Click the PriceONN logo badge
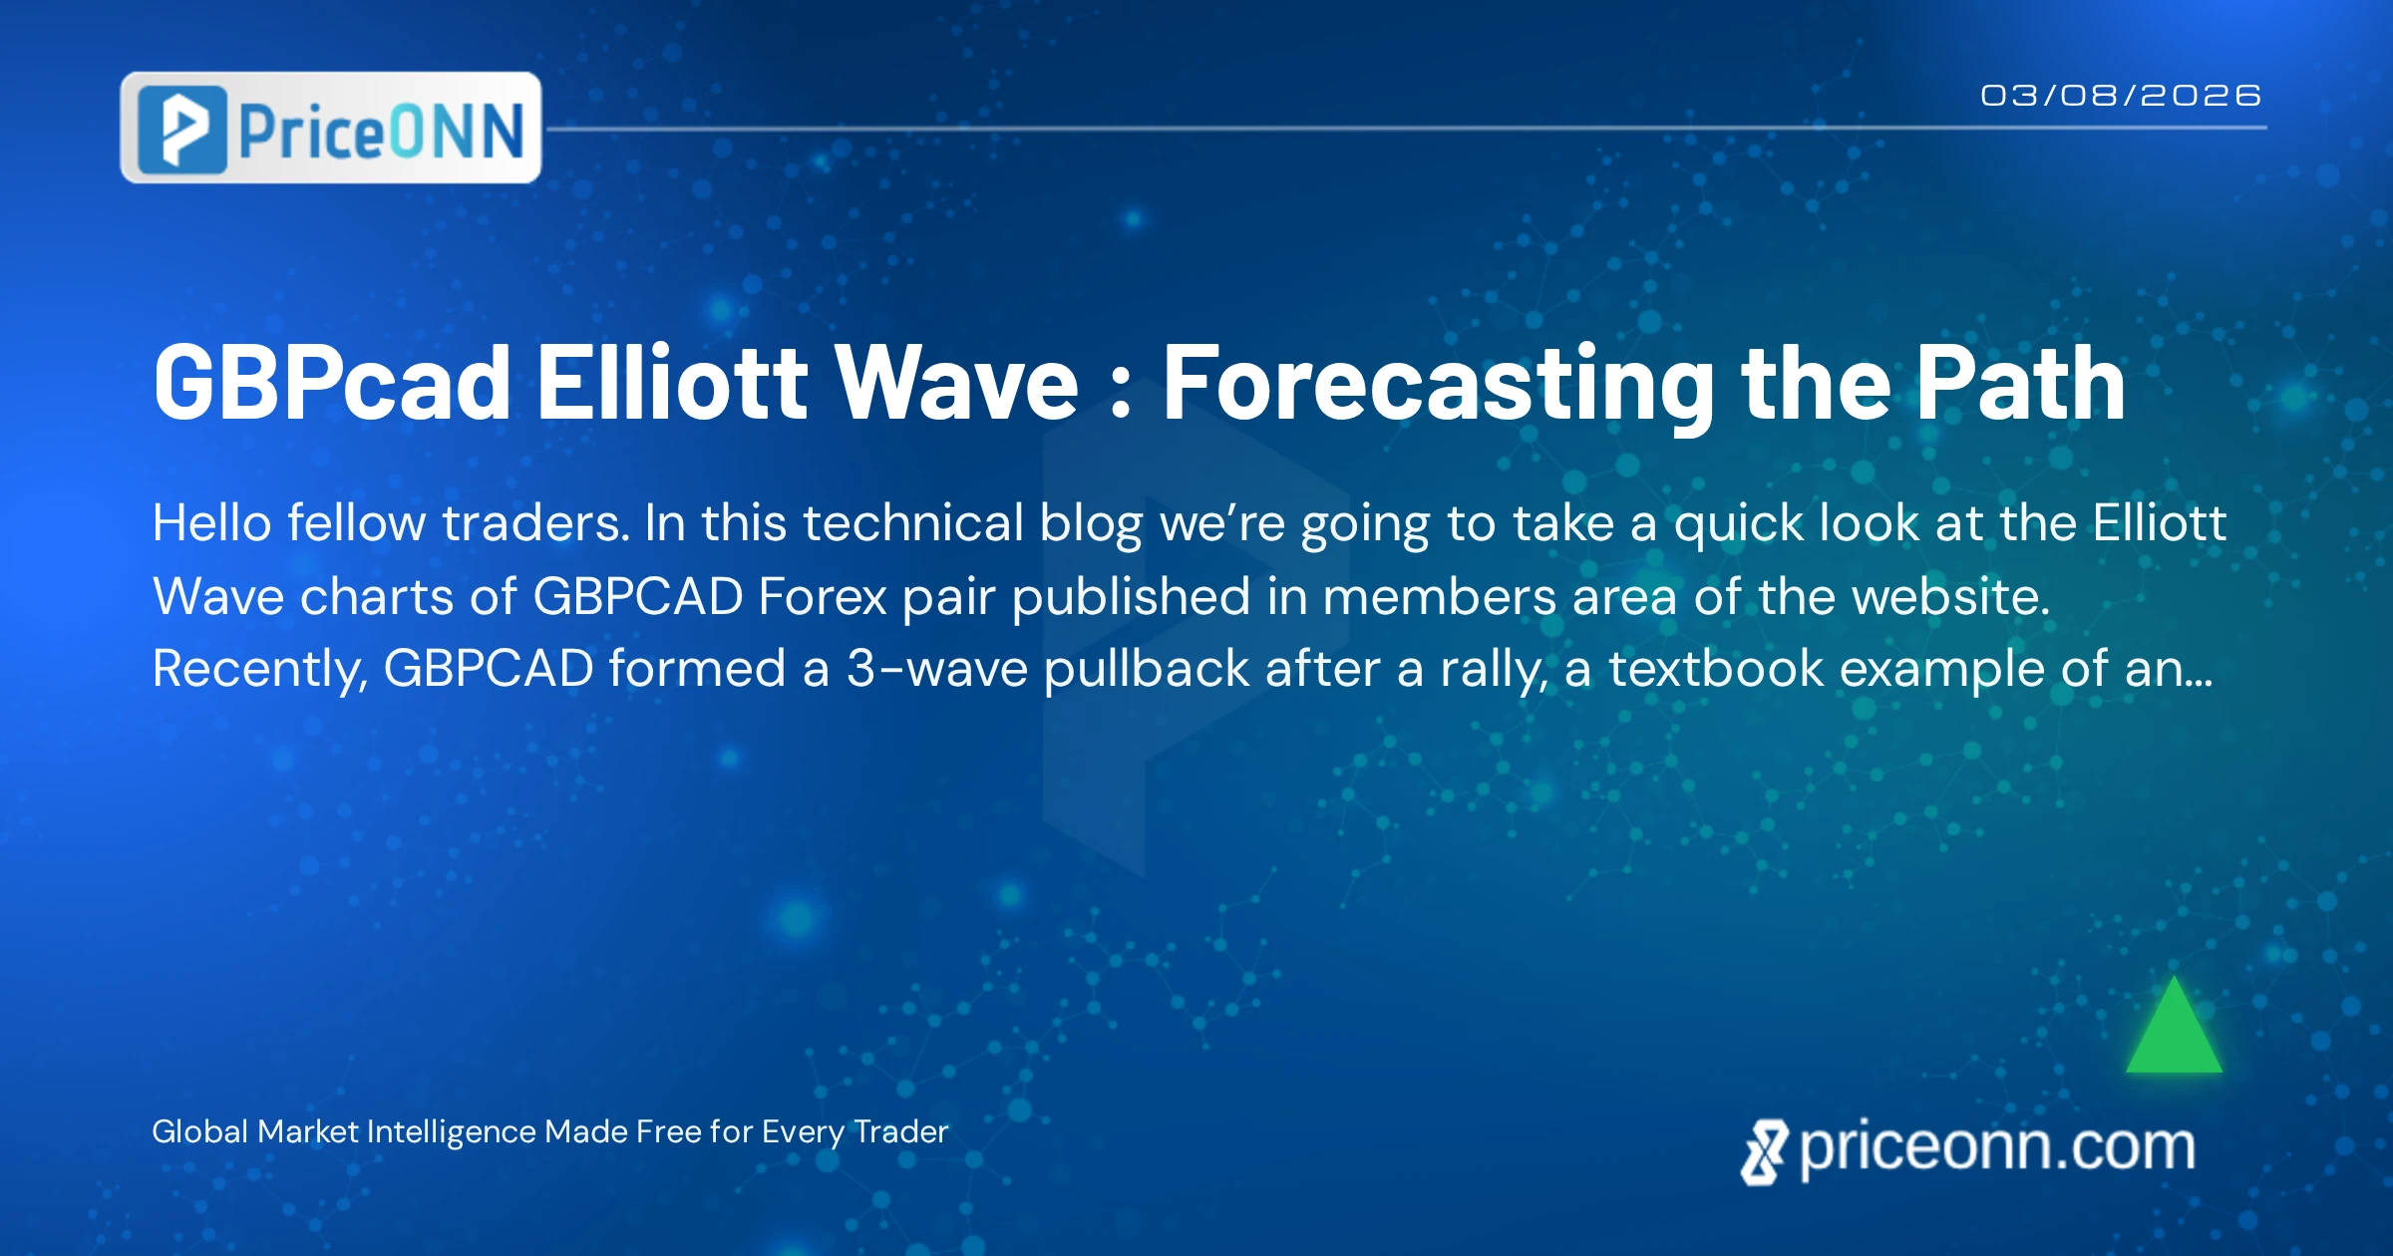[331, 128]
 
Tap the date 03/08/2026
[2121, 96]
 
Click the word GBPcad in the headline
[332, 384]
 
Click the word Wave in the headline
[957, 384]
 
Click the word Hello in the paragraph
[211, 523]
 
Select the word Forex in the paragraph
[823, 597]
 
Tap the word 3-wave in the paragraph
[937, 669]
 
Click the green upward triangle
[2175, 1027]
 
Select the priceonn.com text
[1997, 1148]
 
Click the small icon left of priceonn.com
[1764, 1152]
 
